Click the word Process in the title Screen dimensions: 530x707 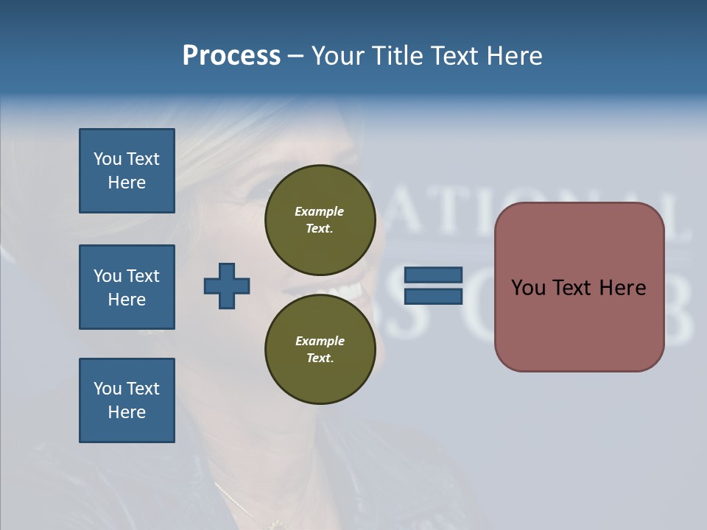231,56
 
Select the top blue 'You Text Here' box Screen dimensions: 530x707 127,171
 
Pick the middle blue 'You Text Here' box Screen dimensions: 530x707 127,287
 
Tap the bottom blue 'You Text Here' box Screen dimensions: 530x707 127,400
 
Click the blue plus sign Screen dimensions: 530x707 227,286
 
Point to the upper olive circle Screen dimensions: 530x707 320,219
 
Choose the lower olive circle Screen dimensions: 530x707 320,349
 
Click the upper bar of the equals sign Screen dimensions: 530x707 434,275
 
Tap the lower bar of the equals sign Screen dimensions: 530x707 434,297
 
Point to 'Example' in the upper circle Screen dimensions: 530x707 320,211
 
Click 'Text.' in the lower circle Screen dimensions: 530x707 320,358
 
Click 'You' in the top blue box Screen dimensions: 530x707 107,159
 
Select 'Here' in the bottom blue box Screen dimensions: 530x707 127,412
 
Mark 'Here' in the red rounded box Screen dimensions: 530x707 622,287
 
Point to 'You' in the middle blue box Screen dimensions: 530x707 107,276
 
